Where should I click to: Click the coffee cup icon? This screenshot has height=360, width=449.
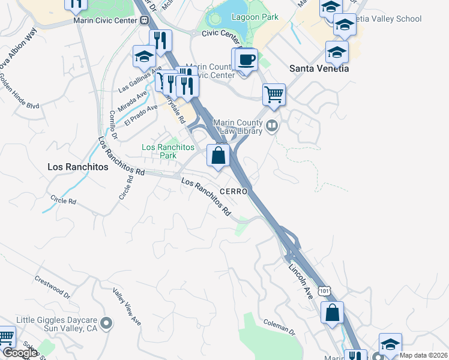pyautogui.click(x=246, y=60)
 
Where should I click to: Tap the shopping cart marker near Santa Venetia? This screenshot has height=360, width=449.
pyautogui.click(x=274, y=94)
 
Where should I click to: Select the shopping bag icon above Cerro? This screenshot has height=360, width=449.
pyautogui.click(x=219, y=155)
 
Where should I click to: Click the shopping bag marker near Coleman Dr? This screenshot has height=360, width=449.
pyautogui.click(x=332, y=313)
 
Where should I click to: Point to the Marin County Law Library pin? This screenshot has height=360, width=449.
pyautogui.click(x=273, y=126)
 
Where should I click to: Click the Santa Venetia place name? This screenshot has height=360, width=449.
pyautogui.click(x=319, y=68)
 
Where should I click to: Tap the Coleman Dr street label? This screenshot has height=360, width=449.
pyautogui.click(x=280, y=329)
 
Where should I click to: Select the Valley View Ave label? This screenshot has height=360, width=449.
pyautogui.click(x=127, y=307)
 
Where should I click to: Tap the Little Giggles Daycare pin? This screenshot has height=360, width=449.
pyautogui.click(x=107, y=324)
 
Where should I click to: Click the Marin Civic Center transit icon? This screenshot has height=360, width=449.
pyautogui.click(x=145, y=20)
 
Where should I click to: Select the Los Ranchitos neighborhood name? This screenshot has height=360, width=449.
pyautogui.click(x=78, y=167)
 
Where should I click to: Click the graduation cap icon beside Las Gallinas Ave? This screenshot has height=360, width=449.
pyautogui.click(x=144, y=56)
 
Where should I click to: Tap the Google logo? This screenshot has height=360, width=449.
pyautogui.click(x=19, y=353)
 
